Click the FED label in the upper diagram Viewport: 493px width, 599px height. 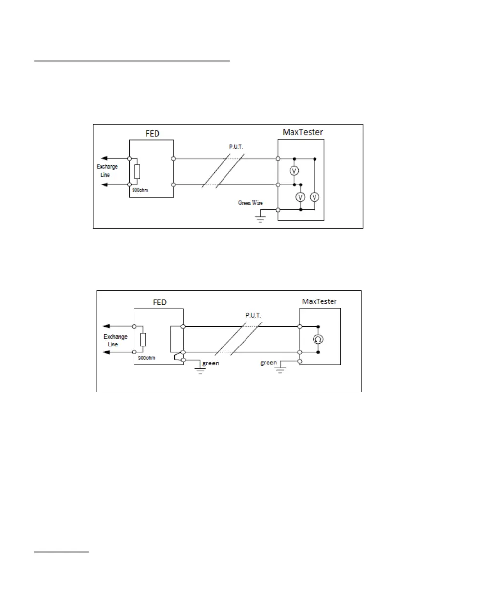pyautogui.click(x=152, y=133)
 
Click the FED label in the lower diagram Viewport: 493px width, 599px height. pyautogui.click(x=159, y=302)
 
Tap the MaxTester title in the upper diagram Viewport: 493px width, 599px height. pyautogui.click(x=303, y=132)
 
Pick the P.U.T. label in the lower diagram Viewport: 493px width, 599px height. pyautogui.click(x=253, y=316)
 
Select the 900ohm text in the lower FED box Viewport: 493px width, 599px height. pyautogui.click(x=147, y=358)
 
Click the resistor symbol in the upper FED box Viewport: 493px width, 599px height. pyautogui.click(x=137, y=172)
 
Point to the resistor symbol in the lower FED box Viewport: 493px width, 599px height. pyautogui.click(x=143, y=340)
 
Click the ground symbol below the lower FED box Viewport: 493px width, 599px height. pyautogui.click(x=200, y=369)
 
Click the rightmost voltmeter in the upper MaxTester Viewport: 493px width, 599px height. pyautogui.click(x=315, y=197)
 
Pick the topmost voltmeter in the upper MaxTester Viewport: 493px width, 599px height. pyautogui.click(x=294, y=171)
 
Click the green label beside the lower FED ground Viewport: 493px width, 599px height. pyautogui.click(x=212, y=363)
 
